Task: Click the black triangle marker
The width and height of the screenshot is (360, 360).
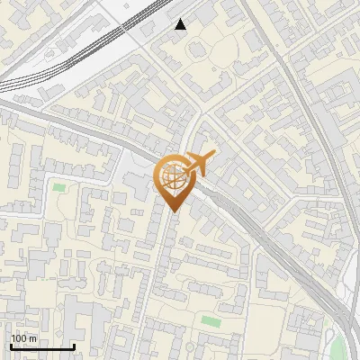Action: (181, 24)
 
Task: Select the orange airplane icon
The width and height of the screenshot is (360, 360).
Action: (198, 164)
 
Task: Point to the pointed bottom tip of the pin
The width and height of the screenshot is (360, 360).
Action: (174, 211)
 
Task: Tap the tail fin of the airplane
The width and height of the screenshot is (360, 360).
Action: (211, 158)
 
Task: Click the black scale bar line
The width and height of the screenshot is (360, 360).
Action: (41, 347)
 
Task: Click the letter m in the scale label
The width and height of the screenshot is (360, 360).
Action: (33, 338)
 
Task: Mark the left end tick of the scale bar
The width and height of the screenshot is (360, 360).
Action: (11, 346)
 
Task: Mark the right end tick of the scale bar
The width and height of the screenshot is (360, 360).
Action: (73, 346)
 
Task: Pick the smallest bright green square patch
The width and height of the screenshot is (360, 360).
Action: (59, 187)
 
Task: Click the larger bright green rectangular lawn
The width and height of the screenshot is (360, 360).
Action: (211, 321)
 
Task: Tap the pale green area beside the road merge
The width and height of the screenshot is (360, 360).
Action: (337, 346)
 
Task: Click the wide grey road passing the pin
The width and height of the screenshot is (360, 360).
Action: (90, 126)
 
